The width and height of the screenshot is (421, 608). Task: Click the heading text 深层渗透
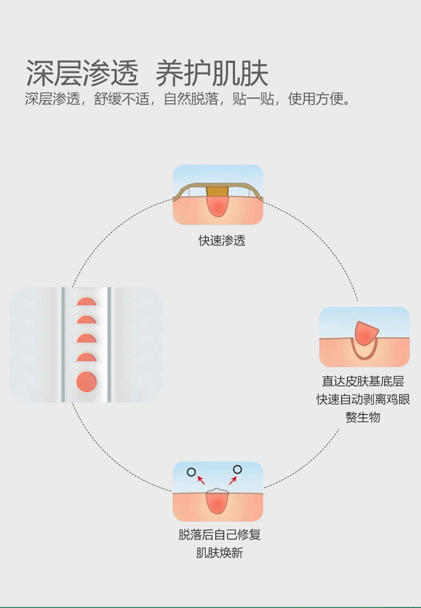(82, 73)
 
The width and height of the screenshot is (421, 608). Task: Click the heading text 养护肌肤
(212, 73)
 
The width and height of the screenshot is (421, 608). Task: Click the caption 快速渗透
(222, 240)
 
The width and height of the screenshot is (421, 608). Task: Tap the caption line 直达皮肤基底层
(363, 382)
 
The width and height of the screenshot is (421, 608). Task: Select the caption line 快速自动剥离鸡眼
(363, 399)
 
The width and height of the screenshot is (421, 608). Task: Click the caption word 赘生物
(363, 417)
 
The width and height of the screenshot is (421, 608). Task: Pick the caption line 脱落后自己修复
(220, 535)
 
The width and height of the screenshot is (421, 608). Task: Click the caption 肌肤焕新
(220, 553)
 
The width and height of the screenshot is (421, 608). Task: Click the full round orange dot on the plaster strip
(86, 382)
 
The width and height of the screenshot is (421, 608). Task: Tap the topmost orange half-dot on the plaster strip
(86, 302)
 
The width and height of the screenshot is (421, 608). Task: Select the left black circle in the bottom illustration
(191, 471)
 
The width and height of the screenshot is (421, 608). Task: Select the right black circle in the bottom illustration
(237, 469)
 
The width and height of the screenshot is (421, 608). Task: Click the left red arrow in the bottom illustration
(201, 480)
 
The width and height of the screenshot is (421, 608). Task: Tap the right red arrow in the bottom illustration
(232, 480)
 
